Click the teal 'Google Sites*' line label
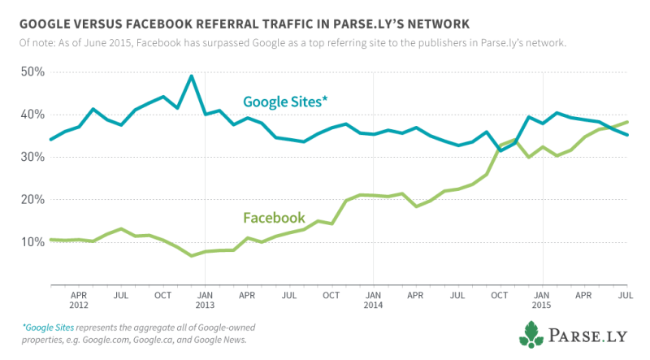286,102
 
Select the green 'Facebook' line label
274,218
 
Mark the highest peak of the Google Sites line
191,76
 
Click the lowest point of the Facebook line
191,255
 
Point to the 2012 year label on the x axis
79,306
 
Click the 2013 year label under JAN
205,306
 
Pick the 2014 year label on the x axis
373,306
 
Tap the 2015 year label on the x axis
542,306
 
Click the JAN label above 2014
373,296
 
